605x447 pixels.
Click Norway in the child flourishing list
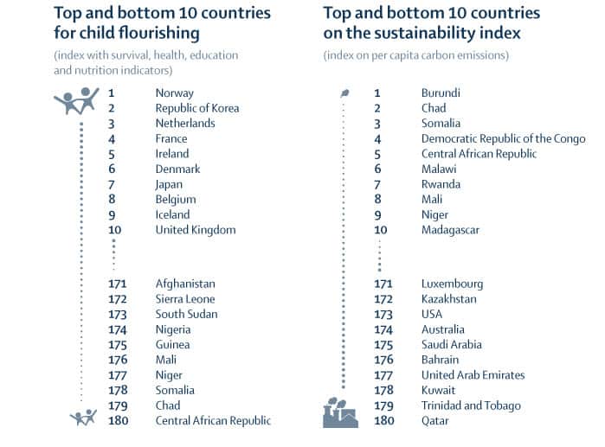pyautogui.click(x=174, y=93)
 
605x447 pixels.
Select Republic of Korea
pyautogui.click(x=196, y=108)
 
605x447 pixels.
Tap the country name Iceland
pyautogui.click(x=172, y=214)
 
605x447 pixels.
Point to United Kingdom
pyautogui.click(x=195, y=230)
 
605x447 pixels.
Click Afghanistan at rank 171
pyautogui.click(x=185, y=284)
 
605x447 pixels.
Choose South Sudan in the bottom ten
pyautogui.click(x=186, y=314)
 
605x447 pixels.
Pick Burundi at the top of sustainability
pyautogui.click(x=441, y=93)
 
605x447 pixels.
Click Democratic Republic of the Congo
pyautogui.click(x=503, y=138)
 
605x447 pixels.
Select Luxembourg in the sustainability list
pyautogui.click(x=452, y=284)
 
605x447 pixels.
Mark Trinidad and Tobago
pyautogui.click(x=471, y=405)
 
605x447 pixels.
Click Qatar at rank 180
pyautogui.click(x=435, y=420)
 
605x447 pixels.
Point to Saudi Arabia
pyautogui.click(x=451, y=344)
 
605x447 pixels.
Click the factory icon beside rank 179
pyautogui.click(x=339, y=412)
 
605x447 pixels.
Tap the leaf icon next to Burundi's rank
pyautogui.click(x=344, y=93)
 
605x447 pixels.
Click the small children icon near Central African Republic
pyautogui.click(x=82, y=418)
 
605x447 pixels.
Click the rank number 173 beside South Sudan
pyautogui.click(x=118, y=314)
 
